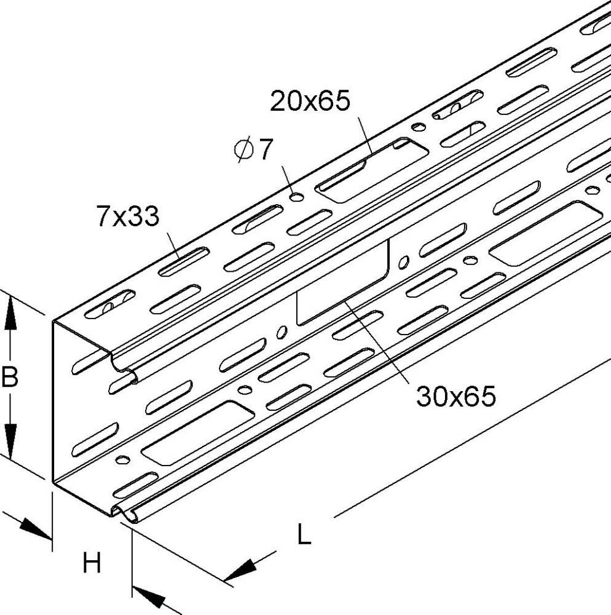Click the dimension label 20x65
(310, 100)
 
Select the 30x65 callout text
(455, 397)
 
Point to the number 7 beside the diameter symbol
(264, 150)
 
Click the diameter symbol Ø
(243, 151)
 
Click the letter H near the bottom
(92, 563)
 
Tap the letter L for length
(304, 535)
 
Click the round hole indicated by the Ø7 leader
(297, 197)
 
